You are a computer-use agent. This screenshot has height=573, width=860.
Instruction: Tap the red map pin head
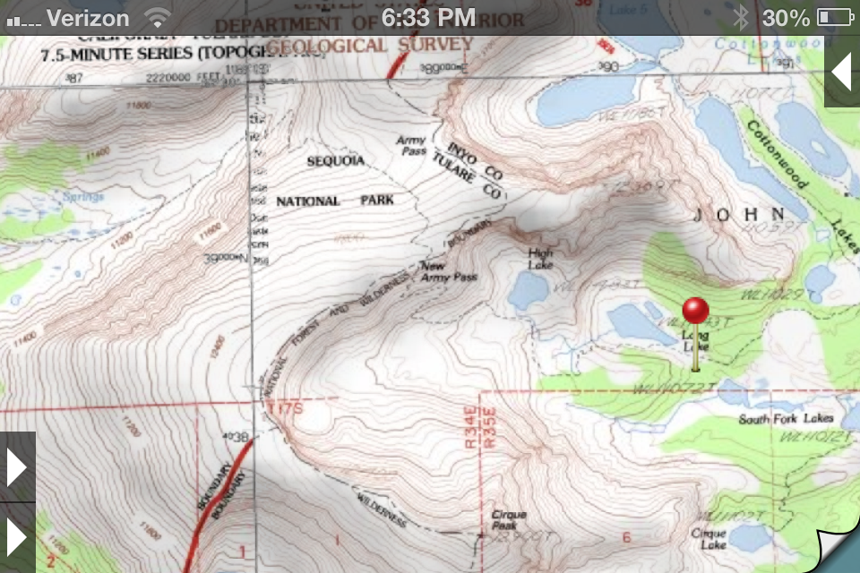click(x=695, y=310)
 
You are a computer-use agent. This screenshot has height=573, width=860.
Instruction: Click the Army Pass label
click(x=411, y=145)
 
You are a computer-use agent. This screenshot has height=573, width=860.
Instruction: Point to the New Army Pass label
click(x=448, y=271)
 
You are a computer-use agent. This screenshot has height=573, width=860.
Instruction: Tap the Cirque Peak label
click(x=509, y=519)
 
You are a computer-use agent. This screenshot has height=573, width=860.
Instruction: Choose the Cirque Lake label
click(x=708, y=538)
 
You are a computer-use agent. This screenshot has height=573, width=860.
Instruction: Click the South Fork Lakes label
click(x=786, y=419)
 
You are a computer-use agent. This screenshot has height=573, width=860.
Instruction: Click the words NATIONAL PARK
click(x=334, y=201)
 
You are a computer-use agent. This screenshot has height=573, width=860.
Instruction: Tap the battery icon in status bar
click(x=835, y=17)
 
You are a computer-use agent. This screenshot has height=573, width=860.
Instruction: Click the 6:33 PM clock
click(x=428, y=17)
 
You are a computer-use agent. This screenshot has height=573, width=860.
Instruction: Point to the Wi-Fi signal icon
click(x=158, y=17)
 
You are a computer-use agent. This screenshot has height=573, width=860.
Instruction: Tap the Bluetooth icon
click(x=740, y=17)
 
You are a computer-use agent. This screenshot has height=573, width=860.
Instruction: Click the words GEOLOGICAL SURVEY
click(x=370, y=45)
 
